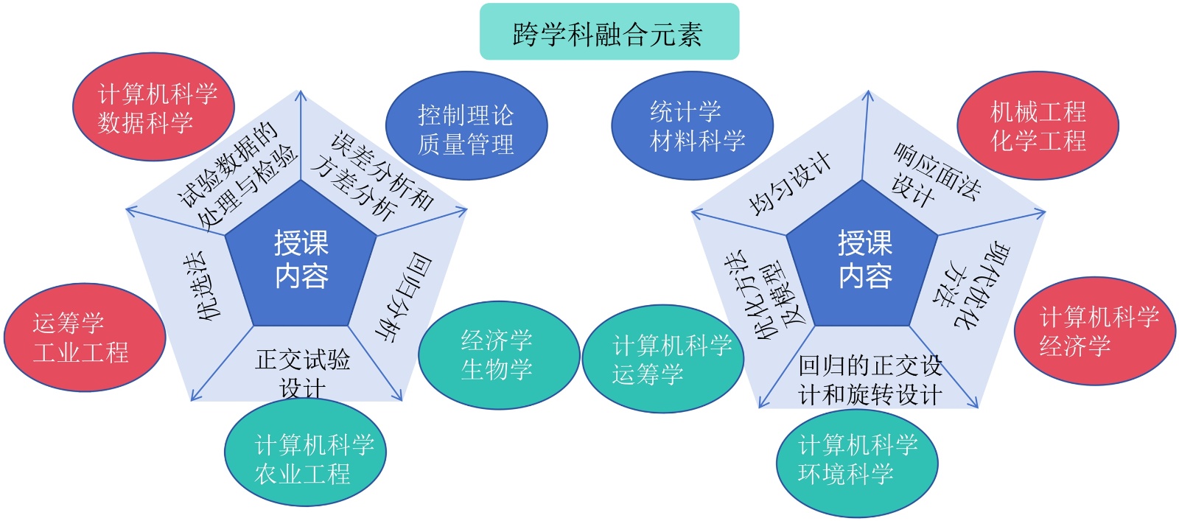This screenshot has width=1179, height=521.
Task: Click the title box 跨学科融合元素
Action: pos(609,32)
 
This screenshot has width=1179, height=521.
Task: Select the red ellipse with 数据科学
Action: pos(154,107)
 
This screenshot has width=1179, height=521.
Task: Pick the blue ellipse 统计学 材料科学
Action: pos(692,125)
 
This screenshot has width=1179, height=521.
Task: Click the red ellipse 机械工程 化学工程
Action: pos(1038,125)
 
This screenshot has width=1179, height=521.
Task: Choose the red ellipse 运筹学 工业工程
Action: pos(84,338)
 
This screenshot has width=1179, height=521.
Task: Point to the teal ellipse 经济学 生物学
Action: pos(498,354)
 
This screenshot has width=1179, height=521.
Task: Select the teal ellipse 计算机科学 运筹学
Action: pos(662,359)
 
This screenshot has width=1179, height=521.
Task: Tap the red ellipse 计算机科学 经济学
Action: pos(1095,331)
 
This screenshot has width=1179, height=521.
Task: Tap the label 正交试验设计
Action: pos(302,373)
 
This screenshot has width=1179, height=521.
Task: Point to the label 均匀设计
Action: pos(789,183)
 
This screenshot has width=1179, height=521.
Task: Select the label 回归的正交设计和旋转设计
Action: pos(870,380)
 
